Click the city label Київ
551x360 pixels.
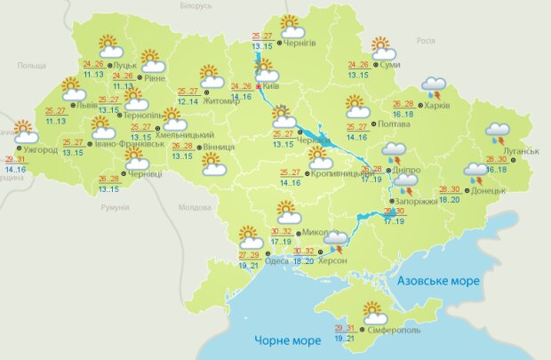point(272,86)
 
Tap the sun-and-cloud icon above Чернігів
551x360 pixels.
point(291,26)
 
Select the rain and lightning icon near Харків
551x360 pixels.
point(434,86)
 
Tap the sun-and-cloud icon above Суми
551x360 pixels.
point(382,47)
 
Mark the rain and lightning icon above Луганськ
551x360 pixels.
point(497,134)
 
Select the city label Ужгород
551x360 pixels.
point(39,149)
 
